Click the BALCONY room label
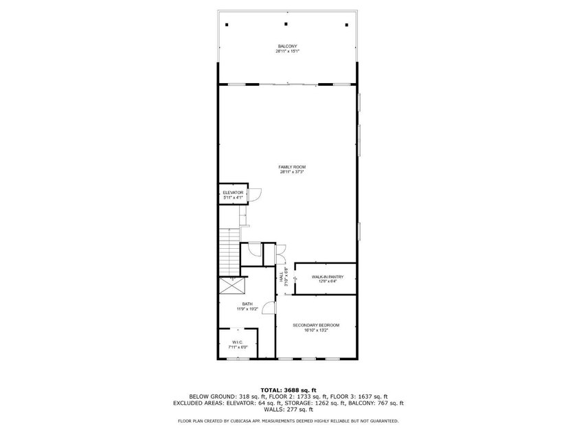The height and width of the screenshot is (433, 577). [x=287, y=46]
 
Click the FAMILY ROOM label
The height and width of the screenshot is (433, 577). [x=291, y=167]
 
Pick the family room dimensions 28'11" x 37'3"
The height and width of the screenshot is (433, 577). [x=291, y=173]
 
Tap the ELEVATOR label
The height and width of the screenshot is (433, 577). [x=233, y=192]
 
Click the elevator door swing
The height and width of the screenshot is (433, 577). [x=253, y=196]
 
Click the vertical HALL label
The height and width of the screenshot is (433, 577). [x=281, y=278]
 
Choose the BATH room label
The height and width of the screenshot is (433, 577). [x=247, y=304]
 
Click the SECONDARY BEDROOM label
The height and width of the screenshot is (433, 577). [x=315, y=325]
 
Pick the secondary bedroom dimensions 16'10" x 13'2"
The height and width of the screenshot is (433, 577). [x=315, y=331]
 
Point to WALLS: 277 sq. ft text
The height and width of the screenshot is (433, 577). [x=288, y=410]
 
